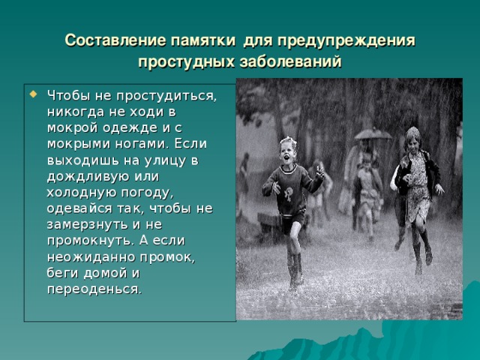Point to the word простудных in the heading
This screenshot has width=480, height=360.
tap(184, 61)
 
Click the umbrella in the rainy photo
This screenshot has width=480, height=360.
tap(373, 133)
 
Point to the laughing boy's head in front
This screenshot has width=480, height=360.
tap(288, 147)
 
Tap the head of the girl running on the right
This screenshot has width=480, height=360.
tap(412, 137)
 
